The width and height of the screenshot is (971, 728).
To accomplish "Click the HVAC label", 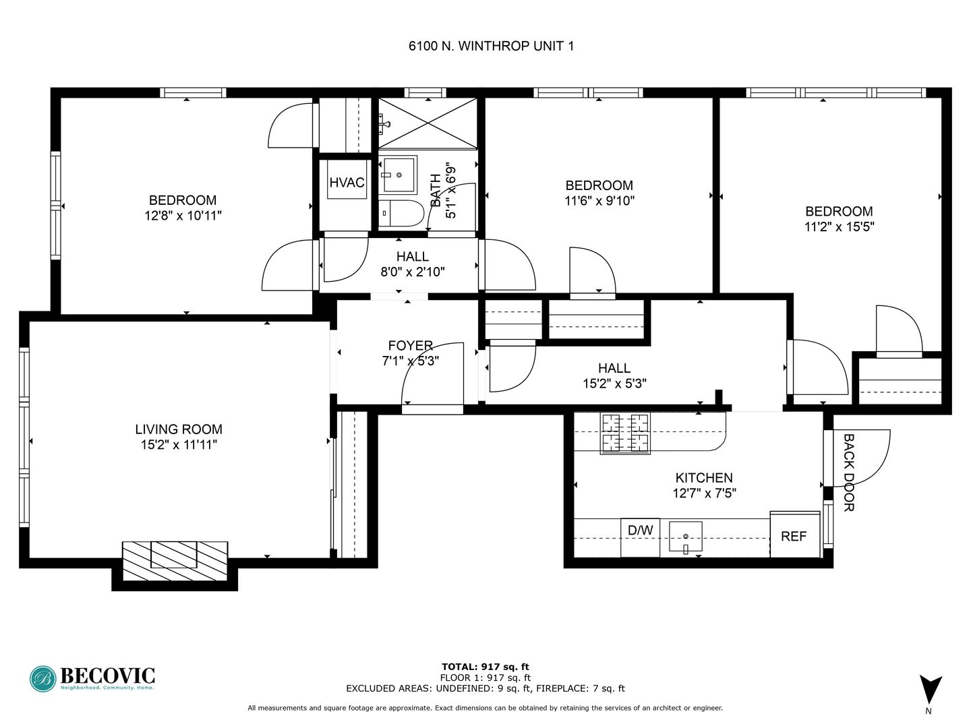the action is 347,182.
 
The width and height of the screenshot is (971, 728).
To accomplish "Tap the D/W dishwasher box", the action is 640,537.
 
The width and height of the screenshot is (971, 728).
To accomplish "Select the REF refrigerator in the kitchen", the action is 795,535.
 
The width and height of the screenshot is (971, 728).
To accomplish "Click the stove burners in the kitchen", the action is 624,433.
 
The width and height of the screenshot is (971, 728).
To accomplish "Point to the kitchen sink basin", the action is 685,536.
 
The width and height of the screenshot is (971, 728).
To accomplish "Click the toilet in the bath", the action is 401,214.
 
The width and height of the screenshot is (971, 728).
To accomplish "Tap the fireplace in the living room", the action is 175,560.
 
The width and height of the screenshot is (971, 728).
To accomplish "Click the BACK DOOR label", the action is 848,472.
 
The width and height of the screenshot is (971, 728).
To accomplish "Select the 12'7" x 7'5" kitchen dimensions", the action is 704,493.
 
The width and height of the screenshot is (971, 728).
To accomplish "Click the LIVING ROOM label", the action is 179,429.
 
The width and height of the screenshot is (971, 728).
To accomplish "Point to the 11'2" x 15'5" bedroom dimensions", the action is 840,226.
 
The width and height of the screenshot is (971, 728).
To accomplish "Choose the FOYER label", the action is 410,345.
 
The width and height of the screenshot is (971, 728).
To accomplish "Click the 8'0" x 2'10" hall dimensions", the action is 412,272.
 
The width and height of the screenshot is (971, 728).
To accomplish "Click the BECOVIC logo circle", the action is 43,679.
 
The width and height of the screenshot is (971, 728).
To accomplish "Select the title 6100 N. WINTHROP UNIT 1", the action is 491,46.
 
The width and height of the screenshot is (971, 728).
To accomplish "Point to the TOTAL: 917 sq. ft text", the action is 486,667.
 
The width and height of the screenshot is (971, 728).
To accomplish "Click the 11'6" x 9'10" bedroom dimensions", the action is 599,201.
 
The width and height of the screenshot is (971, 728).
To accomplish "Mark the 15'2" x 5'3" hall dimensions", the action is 614,384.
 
